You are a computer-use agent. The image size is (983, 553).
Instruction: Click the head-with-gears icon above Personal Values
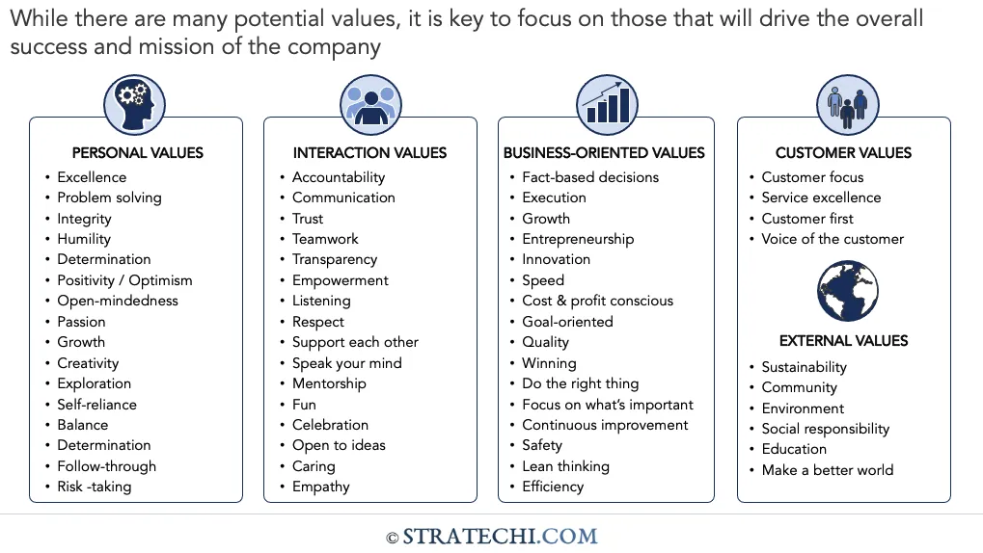(134, 104)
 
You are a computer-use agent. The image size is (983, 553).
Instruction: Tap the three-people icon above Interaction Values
(369, 104)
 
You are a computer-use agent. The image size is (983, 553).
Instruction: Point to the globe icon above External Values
(845, 291)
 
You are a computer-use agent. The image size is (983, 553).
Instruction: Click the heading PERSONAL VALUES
(138, 152)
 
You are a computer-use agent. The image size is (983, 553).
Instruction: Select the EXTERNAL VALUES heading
(843, 340)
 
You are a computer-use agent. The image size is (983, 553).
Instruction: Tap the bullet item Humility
(84, 239)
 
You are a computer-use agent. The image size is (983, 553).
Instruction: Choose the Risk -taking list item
(94, 487)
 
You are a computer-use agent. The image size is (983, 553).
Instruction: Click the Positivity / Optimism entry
(124, 280)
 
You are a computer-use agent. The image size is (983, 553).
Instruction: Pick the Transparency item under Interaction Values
(335, 259)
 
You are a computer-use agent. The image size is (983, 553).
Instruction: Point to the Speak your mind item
(346, 363)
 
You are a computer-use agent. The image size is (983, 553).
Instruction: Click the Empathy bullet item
(321, 487)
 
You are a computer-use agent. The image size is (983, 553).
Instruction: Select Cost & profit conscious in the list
(597, 301)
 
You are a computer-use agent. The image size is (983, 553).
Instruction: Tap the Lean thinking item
(565, 466)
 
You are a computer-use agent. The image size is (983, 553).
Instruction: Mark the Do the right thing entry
(580, 383)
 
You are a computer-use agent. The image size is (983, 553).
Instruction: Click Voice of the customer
(833, 239)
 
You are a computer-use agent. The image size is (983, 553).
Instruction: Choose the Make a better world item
(827, 470)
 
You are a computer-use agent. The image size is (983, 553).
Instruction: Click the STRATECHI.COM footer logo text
(499, 537)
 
